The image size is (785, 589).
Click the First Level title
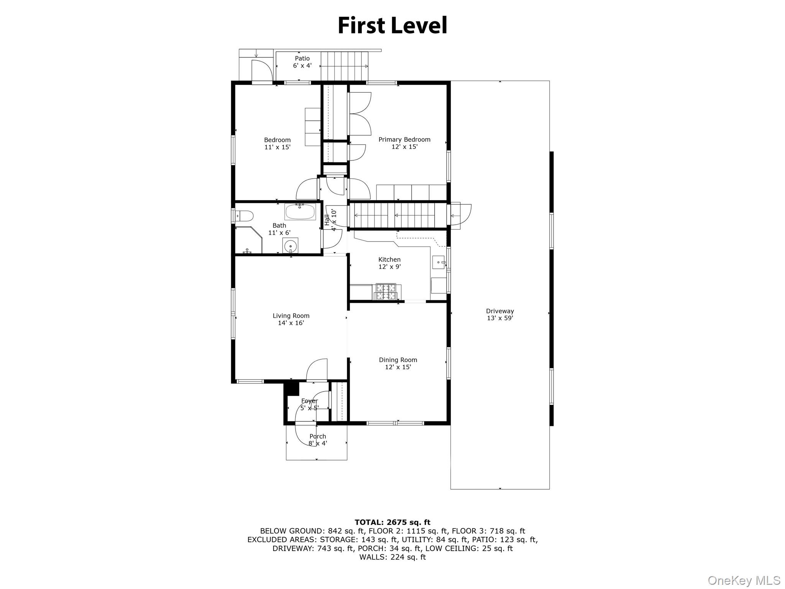[x=392, y=26]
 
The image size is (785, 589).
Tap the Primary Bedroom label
[x=404, y=143]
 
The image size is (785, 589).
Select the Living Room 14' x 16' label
[x=291, y=319]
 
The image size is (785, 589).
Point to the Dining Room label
[x=398, y=363]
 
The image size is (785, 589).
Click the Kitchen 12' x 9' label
[x=389, y=263]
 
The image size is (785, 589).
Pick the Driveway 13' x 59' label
[x=500, y=314]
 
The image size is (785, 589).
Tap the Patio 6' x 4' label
[x=302, y=62]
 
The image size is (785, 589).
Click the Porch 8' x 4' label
[x=317, y=440]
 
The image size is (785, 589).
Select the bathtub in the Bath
[x=300, y=212]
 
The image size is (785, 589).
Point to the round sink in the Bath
[x=291, y=245]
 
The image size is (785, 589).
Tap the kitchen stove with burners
[x=388, y=291]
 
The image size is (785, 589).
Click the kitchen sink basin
[x=439, y=263]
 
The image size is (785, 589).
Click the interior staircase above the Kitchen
[x=399, y=216]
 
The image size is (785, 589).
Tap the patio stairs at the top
[x=344, y=66]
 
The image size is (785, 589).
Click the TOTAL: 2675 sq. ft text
[x=392, y=522]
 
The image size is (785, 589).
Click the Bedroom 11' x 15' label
[x=277, y=143]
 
